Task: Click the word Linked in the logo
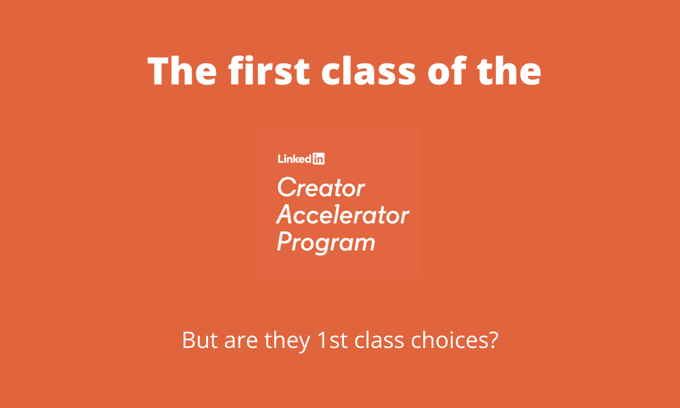[x=294, y=159]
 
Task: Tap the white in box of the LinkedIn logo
[x=318, y=159]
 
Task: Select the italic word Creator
[x=321, y=188]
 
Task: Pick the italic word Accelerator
[x=342, y=215]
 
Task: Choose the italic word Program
[x=326, y=243]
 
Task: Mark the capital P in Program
[x=284, y=242]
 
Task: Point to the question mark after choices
[x=492, y=340]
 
